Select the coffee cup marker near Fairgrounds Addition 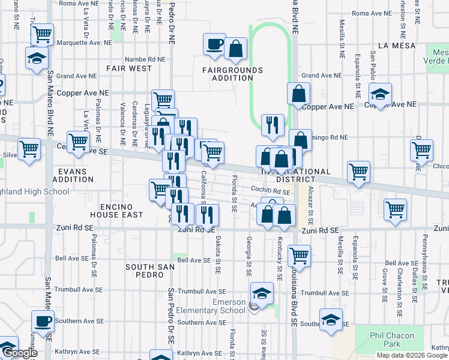coord(214,45)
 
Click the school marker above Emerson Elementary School coord(262,293)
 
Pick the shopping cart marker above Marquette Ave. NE coord(42,35)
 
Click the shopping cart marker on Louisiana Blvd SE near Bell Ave coord(299,256)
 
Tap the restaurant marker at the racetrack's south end coord(273,125)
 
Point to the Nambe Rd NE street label coord(145,59)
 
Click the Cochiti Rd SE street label coord(271,191)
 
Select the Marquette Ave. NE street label coord(84,43)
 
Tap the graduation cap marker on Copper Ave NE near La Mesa coord(380,94)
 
